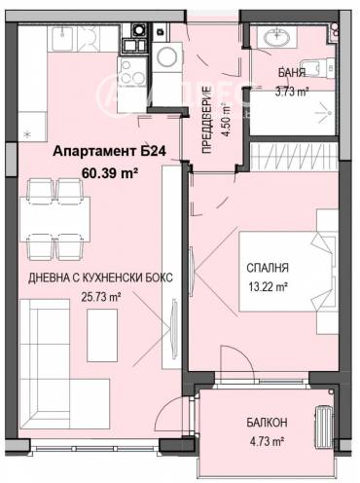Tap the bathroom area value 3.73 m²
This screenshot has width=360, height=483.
coord(291,92)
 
